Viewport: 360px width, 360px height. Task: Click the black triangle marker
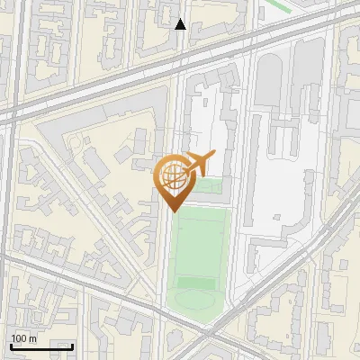[x=181, y=24]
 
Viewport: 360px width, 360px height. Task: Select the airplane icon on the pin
[x=195, y=164]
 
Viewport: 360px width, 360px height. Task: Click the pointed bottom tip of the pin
[x=175, y=211]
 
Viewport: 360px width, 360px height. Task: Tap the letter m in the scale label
[x=32, y=338]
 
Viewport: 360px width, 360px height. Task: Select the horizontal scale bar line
[x=41, y=346]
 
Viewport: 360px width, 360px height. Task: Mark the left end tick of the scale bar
[x=11, y=344]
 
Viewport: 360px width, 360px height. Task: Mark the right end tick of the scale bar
[x=72, y=344]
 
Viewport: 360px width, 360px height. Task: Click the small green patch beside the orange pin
[x=210, y=186]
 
